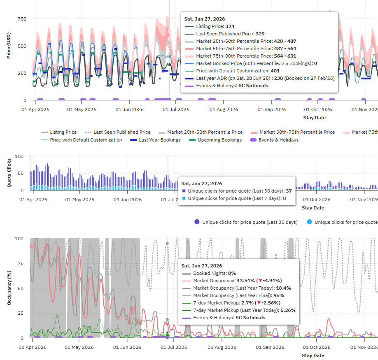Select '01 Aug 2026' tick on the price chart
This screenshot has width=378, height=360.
pyautogui.click(x=224, y=109)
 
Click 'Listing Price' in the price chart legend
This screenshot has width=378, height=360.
pyautogui.click(x=63, y=132)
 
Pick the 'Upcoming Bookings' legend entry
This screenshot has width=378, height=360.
pyautogui.click(x=219, y=140)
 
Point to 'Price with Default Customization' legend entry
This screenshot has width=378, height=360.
pyautogui.click(x=86, y=140)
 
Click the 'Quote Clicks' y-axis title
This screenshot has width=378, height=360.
pyautogui.click(x=9, y=172)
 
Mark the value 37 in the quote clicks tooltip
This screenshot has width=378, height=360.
pyautogui.click(x=289, y=191)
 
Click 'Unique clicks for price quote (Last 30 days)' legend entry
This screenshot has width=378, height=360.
pyautogui.click(x=246, y=222)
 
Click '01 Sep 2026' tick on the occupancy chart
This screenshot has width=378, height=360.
pyautogui.click(x=270, y=347)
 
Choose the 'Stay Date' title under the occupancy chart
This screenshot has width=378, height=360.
pyautogui.click(x=313, y=355)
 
